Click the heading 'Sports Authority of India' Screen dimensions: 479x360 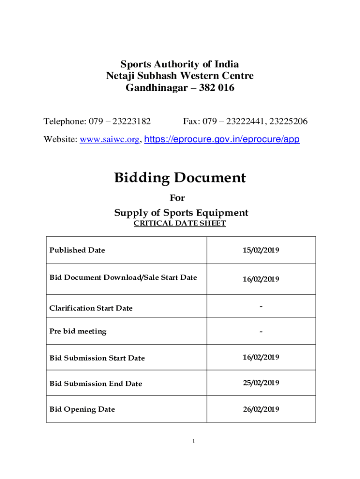tap(180, 65)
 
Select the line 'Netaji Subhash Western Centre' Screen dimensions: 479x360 tap(180, 76)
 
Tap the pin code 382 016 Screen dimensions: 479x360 tap(216, 87)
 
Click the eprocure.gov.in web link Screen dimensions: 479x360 tap(223, 139)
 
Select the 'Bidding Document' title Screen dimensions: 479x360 tap(180, 178)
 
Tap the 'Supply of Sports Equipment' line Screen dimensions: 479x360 tap(181, 213)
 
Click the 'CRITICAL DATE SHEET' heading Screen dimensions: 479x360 tap(180, 224)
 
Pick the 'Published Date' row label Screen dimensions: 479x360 tap(77, 250)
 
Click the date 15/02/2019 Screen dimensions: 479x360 tap(260, 250)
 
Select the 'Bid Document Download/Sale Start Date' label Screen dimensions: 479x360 tap(123, 277)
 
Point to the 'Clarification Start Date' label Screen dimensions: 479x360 tap(91, 308)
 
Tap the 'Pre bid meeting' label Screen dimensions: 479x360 tap(78, 331)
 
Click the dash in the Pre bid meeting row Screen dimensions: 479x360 tap(261, 332)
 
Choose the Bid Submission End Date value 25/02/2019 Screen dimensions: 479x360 tap(260, 383)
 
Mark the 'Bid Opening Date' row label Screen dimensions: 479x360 tap(82, 409)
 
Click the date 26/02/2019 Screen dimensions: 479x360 tap(260, 409)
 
